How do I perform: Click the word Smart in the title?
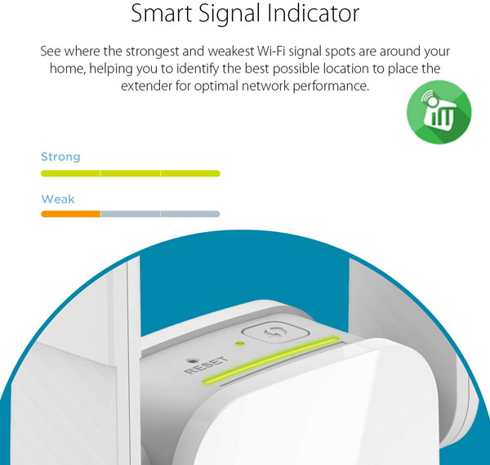pos(161,13)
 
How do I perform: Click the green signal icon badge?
pos(439,112)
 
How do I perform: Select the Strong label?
pos(60,157)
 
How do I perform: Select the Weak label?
pos(58,199)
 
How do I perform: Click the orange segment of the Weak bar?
pos(70,214)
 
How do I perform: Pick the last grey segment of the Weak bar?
pos(190,214)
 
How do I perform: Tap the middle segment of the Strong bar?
pos(131,173)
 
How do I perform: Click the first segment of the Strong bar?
pos(70,173)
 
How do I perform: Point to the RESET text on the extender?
pos(207,364)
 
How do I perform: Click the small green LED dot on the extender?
pos(240,344)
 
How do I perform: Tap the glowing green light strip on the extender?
pos(271,360)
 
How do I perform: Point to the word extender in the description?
pos(146,86)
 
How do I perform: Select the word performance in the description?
pos(331,87)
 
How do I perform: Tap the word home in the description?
pos(68,69)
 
